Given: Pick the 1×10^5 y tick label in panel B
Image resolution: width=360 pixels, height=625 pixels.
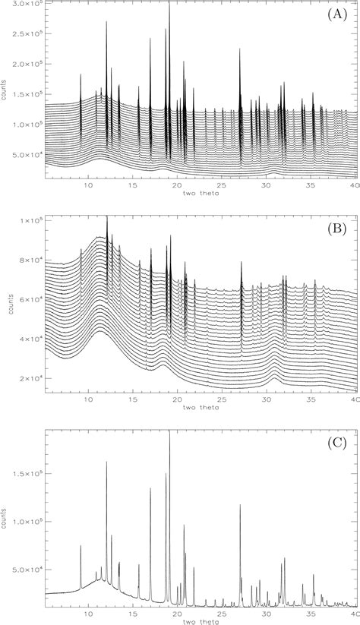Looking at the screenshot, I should click(x=31, y=220).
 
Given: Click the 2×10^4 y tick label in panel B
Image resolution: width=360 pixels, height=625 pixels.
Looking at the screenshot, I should click(x=31, y=378).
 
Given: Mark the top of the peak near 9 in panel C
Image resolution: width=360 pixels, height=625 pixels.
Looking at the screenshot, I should click(x=81, y=545).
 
